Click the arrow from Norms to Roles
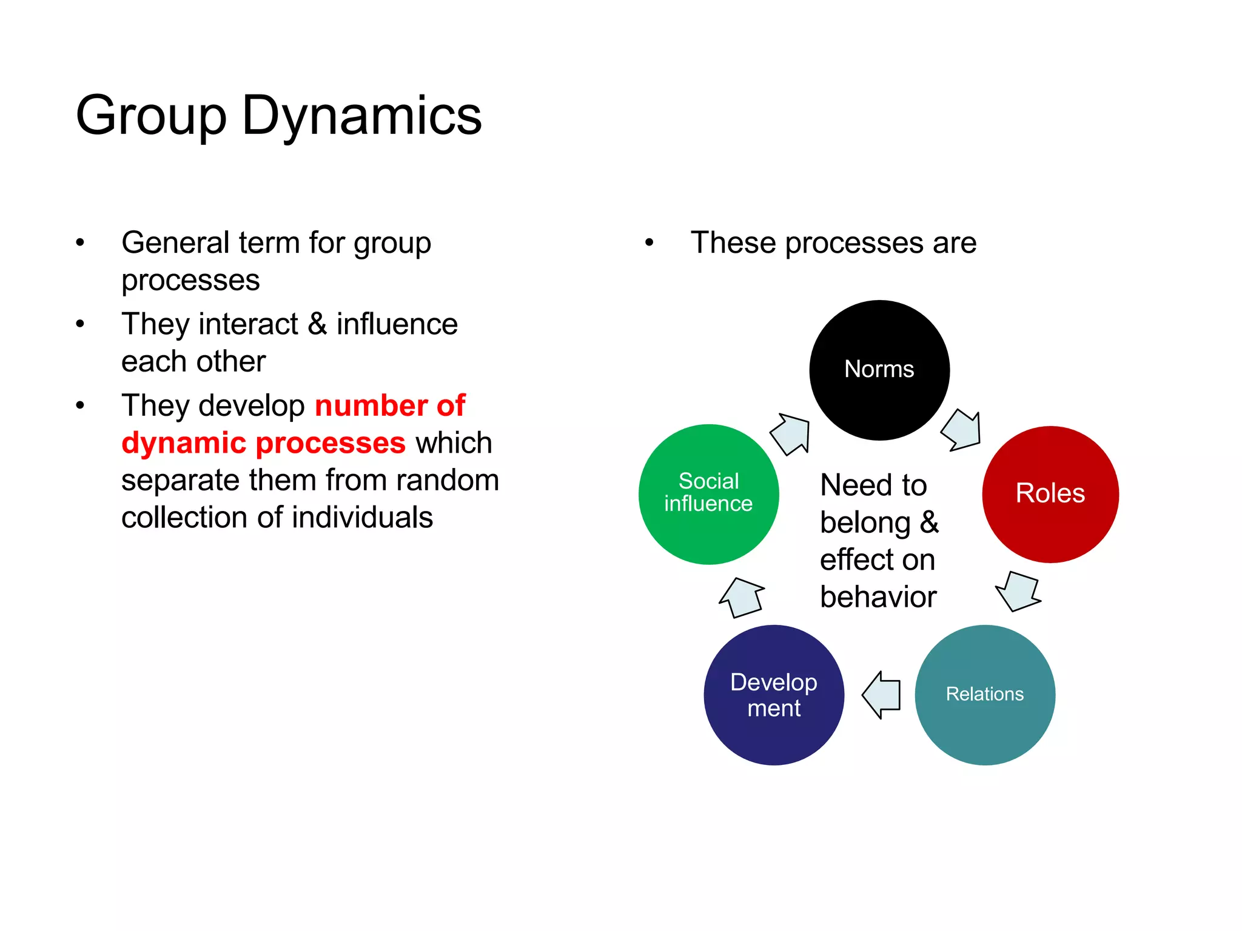coord(962,430)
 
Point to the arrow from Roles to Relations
coord(1019,591)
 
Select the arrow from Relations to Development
coord(882,695)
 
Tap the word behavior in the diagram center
coord(878,597)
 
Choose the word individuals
coord(363,518)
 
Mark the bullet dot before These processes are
coord(650,243)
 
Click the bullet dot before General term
coord(80,243)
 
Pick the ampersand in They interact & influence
coord(317,324)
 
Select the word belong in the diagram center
coord(865,522)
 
